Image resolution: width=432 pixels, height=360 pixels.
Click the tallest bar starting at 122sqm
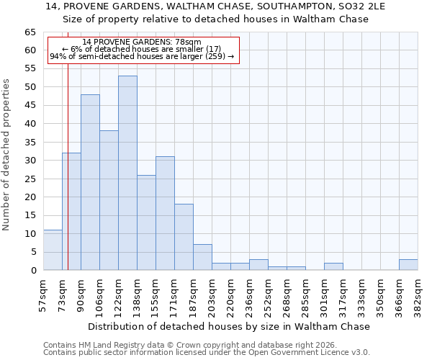(127, 173)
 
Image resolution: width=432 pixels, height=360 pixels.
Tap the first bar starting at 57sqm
(53, 250)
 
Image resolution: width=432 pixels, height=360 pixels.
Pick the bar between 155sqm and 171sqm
(165, 213)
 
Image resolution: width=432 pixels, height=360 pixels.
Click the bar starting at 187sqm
(202, 257)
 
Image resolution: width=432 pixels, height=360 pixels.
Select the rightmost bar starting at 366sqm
(408, 264)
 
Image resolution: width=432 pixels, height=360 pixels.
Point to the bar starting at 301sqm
(333, 266)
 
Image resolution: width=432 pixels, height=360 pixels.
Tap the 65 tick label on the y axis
(30, 32)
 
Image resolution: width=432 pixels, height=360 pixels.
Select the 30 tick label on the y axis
(30, 161)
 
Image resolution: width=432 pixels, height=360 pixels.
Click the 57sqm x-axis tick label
(44, 295)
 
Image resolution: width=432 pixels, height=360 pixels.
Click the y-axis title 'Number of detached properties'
(7, 156)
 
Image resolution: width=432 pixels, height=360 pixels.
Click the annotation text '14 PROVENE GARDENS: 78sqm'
(142, 42)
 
